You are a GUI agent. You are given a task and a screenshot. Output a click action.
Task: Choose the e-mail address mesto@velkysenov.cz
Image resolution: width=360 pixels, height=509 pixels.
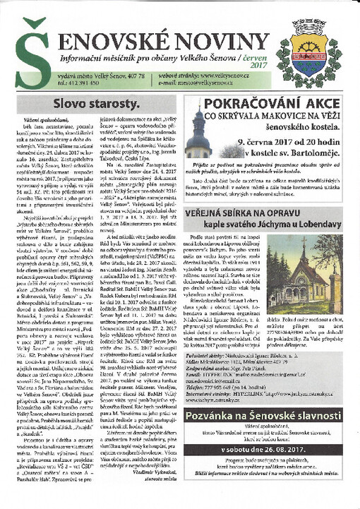[x=222, y=81]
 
